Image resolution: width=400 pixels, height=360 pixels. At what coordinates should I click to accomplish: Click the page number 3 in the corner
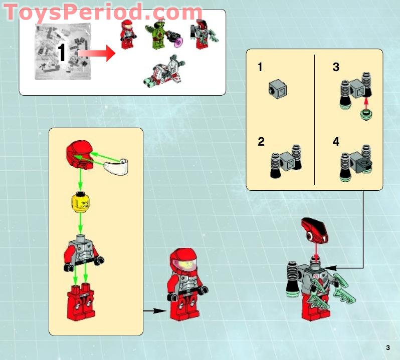[x=387, y=348]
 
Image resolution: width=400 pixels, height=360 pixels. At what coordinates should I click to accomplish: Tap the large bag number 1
[x=62, y=53]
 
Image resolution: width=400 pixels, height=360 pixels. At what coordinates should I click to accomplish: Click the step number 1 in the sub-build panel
[x=260, y=67]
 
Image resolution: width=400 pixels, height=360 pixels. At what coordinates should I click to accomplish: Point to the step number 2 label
[x=261, y=142]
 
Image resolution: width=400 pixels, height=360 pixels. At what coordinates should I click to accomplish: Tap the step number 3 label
[x=336, y=67]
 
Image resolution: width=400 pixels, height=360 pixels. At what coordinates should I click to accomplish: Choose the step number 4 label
[x=336, y=142]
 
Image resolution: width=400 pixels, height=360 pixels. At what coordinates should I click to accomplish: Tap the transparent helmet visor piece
[x=117, y=165]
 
